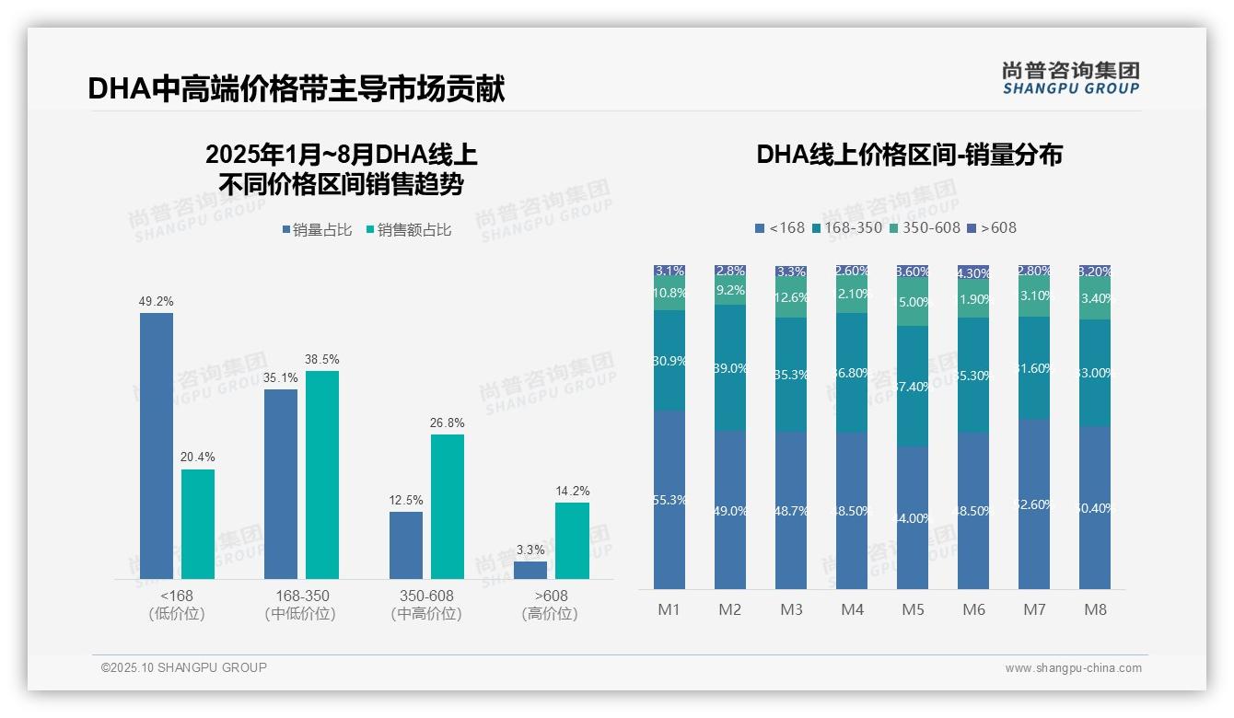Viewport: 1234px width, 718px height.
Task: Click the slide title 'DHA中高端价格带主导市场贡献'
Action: pyautogui.click(x=296, y=88)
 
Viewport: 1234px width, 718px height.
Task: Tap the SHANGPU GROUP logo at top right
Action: pyautogui.click(x=1070, y=78)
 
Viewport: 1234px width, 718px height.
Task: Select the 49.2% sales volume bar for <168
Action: pyautogui.click(x=157, y=446)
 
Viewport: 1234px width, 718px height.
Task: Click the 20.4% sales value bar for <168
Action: pyautogui.click(x=198, y=524)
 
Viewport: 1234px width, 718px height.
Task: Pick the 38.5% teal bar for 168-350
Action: pyautogui.click(x=322, y=474)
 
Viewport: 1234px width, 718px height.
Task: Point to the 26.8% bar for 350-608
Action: pyautogui.click(x=448, y=506)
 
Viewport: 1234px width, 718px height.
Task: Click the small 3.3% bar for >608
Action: pyautogui.click(x=530, y=570)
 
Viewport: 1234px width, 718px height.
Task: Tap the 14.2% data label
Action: pyautogui.click(x=572, y=491)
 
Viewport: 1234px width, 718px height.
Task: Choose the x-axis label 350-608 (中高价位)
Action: pyautogui.click(x=426, y=605)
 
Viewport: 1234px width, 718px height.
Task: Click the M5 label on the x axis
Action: pyautogui.click(x=913, y=609)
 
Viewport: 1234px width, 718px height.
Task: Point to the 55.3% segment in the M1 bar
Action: pyautogui.click(x=669, y=500)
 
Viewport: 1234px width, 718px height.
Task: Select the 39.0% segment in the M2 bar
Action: pyautogui.click(x=730, y=368)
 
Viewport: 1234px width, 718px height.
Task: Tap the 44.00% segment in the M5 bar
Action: pyautogui.click(x=913, y=518)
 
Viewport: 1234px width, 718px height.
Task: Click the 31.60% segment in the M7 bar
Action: pyautogui.click(x=1034, y=368)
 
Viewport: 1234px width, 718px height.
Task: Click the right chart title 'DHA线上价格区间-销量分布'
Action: pyautogui.click(x=909, y=155)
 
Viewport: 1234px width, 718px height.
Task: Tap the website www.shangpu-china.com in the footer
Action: pyautogui.click(x=1073, y=668)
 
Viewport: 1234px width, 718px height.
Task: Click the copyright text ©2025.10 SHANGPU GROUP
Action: pyautogui.click(x=184, y=667)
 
